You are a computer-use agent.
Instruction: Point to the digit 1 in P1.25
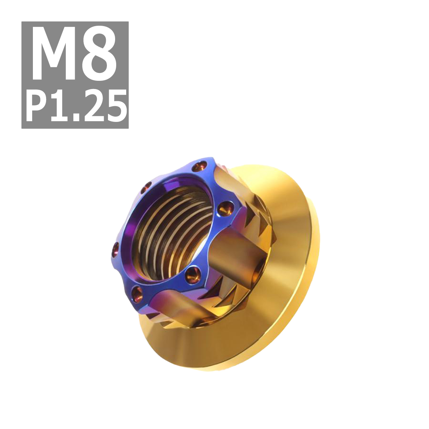(59, 106)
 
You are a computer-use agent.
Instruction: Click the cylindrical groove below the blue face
(172, 304)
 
